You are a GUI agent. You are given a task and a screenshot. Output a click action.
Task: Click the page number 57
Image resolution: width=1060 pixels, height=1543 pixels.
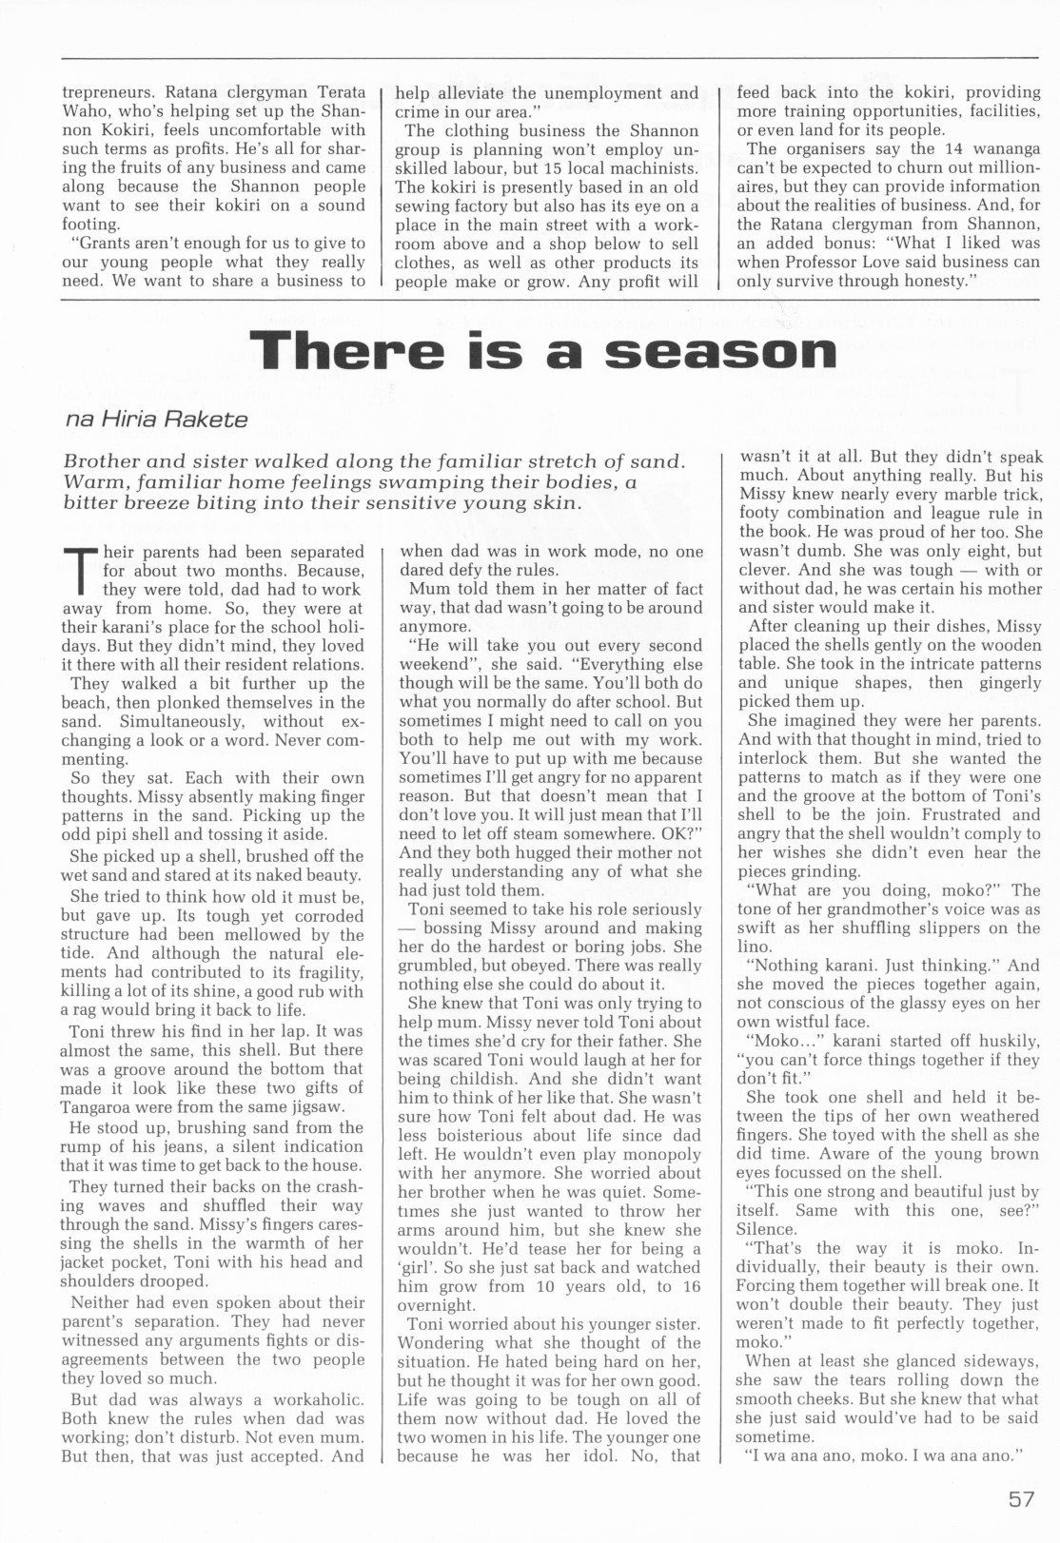click(x=1021, y=1500)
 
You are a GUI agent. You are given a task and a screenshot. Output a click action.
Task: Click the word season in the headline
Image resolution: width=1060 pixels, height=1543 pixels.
click(x=720, y=353)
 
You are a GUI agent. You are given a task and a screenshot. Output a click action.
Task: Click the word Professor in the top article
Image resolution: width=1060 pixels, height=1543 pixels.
click(x=852, y=262)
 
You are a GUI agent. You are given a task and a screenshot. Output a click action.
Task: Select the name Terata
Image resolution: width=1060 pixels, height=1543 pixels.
click(x=332, y=93)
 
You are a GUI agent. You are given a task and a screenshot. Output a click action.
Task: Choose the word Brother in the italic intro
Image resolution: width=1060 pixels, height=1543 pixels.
click(x=101, y=461)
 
